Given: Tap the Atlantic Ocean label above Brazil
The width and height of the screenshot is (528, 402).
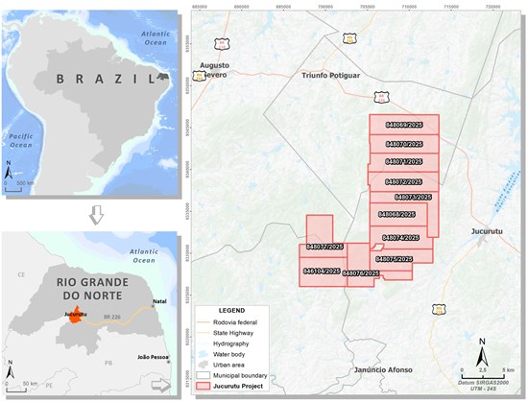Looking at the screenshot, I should point(156,37).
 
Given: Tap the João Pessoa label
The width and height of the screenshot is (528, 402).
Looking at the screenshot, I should point(150,356).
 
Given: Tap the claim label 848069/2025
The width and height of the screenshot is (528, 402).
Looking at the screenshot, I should point(403,125).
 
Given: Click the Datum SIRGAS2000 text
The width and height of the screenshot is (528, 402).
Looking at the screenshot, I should point(493,382).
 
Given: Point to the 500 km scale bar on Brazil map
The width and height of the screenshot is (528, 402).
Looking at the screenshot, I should point(28,181).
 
